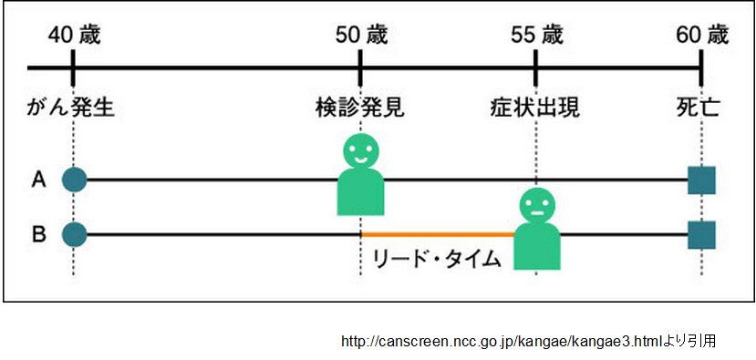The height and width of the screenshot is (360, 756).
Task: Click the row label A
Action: tap(39, 180)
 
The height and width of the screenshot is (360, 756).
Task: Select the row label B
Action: tap(39, 235)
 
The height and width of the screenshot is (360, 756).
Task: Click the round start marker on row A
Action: tap(74, 180)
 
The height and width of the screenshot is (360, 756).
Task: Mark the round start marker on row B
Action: tap(74, 235)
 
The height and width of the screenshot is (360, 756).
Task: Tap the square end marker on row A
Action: tap(701, 180)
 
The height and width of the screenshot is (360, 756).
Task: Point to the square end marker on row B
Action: tap(701, 235)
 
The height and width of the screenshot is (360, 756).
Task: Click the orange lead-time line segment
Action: tap(438, 235)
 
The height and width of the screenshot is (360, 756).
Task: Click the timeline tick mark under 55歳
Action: tap(535, 67)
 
